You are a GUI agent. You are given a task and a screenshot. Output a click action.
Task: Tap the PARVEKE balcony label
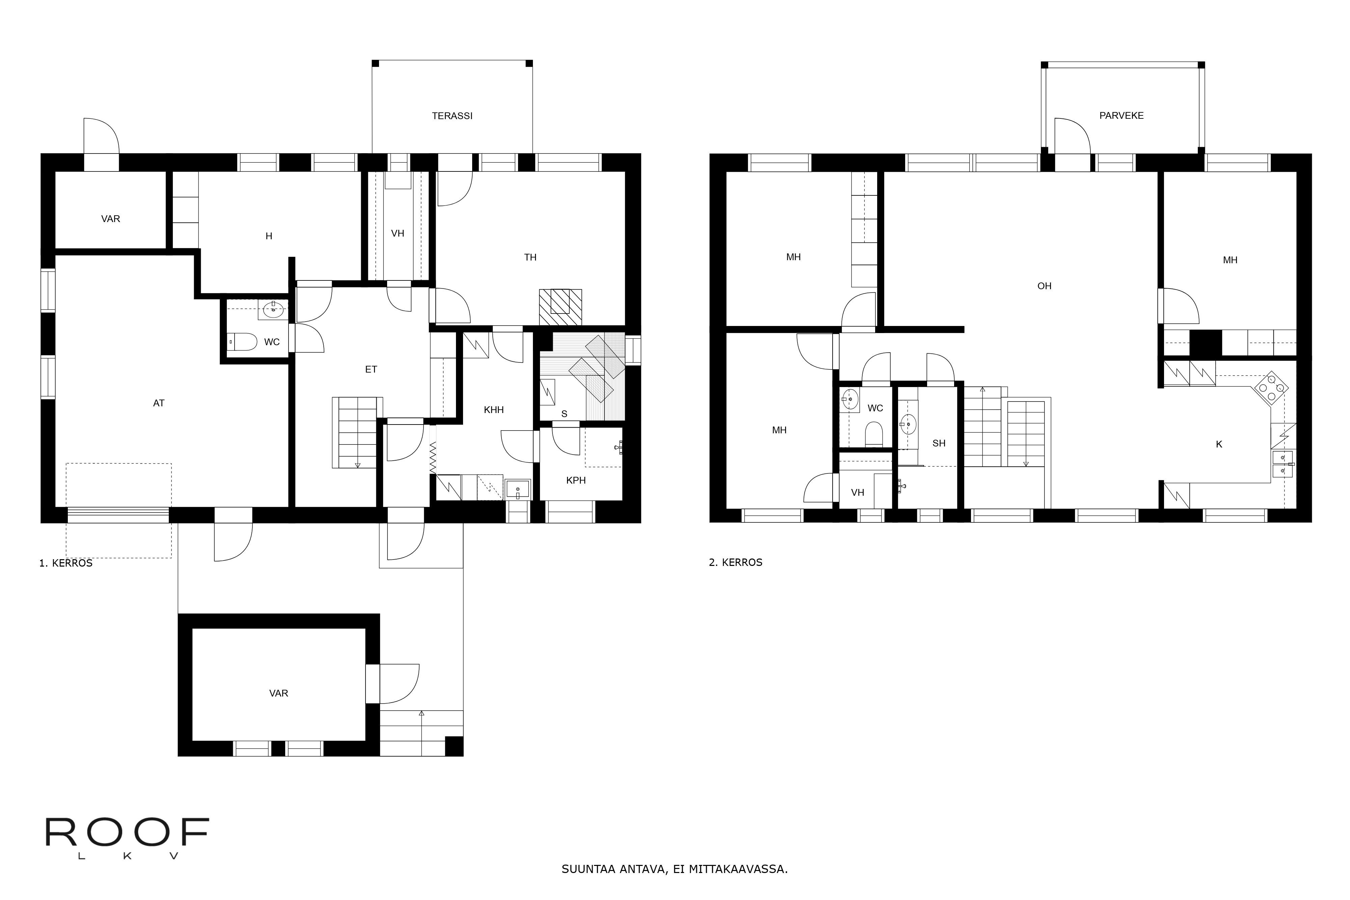pos(1121,115)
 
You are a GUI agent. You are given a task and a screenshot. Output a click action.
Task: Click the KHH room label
pos(494,410)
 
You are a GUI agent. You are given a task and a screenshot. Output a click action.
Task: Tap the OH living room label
pos(1044,286)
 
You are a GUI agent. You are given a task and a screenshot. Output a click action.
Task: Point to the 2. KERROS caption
pos(735,563)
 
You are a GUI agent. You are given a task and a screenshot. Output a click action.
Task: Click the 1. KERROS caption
pos(65,563)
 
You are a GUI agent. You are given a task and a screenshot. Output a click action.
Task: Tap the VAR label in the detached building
pos(278,693)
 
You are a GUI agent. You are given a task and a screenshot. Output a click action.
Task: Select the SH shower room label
pos(939,443)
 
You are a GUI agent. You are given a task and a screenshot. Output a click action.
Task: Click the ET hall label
pos(371,370)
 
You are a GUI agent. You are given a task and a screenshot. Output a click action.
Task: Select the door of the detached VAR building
pos(399,683)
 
